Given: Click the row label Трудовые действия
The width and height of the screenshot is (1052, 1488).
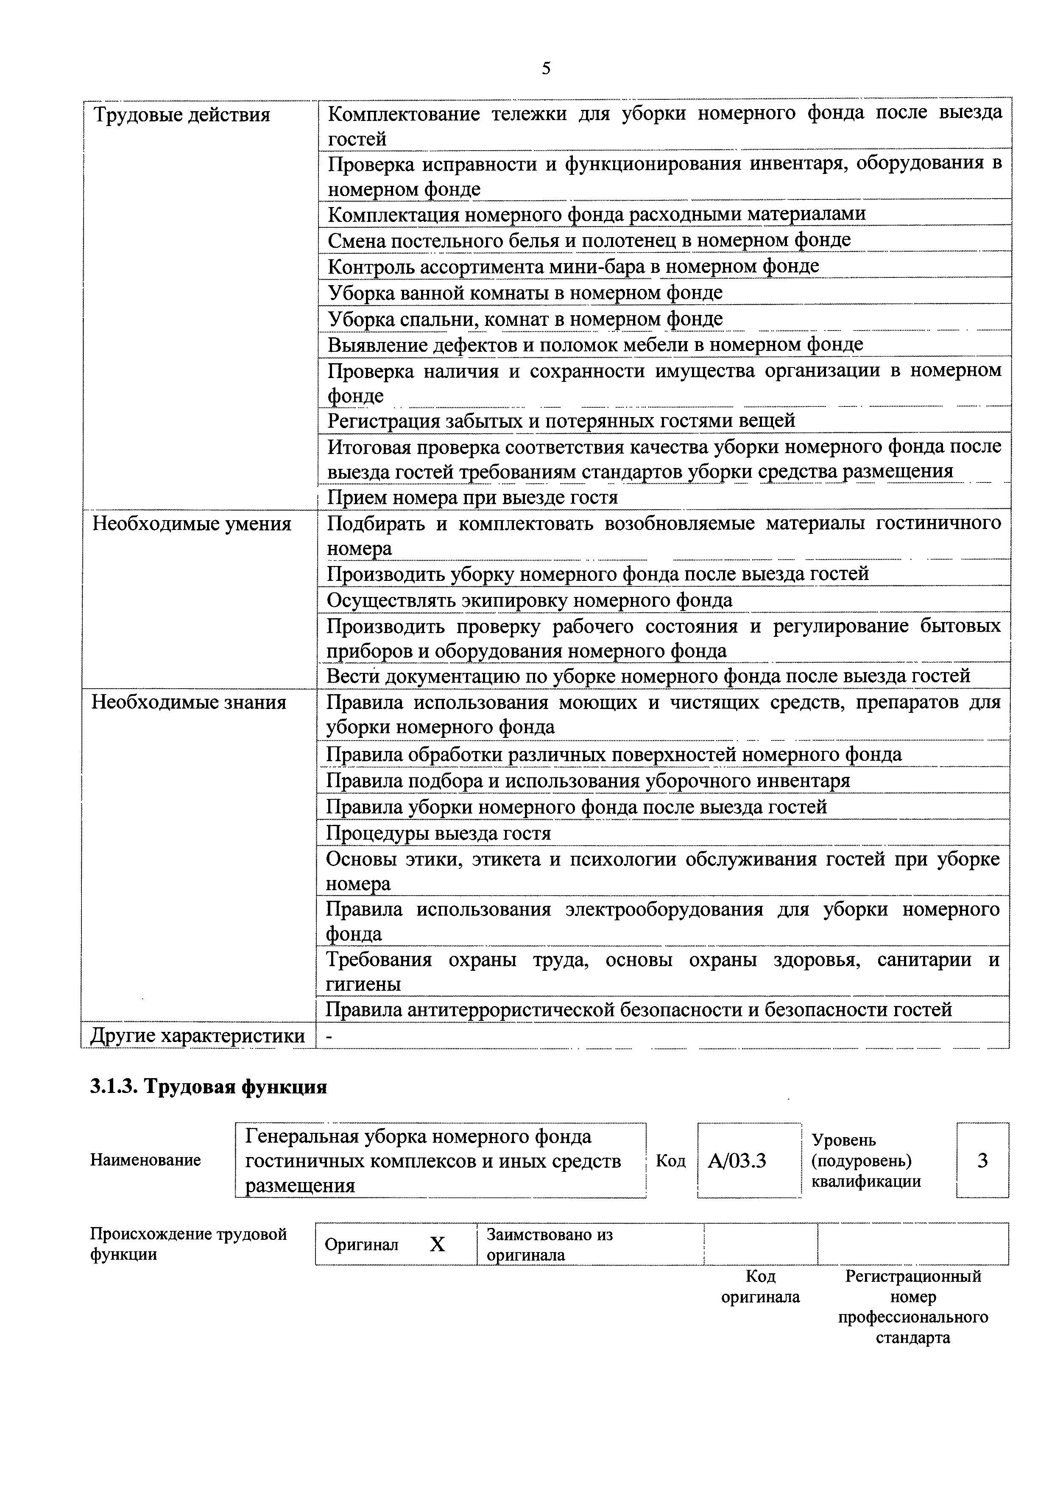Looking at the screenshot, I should coord(181,115).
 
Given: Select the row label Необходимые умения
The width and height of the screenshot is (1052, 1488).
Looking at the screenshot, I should coord(192,524).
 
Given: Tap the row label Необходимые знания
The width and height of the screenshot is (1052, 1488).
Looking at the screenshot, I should coord(189,703).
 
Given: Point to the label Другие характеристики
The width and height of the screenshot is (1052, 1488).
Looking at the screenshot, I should coord(198,1036).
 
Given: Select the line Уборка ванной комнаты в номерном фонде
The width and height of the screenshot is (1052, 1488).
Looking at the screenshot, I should coord(525,293).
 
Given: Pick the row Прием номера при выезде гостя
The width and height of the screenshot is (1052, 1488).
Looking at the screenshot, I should coord(472,497).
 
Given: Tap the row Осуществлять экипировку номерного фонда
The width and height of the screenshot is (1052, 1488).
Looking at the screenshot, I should coord(529,600).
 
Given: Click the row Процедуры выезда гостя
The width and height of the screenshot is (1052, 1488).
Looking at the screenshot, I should coord(438,833).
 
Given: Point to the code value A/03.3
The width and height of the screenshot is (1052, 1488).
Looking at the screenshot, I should coord(737,1160).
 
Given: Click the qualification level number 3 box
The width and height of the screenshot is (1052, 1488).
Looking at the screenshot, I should coord(982,1160).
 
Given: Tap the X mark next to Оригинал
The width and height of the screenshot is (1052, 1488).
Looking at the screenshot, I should coord(438,1244).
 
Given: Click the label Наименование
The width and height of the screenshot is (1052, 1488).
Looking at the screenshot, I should coord(145,1160).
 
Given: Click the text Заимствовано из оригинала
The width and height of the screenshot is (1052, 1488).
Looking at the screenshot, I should coord(549,1244).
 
